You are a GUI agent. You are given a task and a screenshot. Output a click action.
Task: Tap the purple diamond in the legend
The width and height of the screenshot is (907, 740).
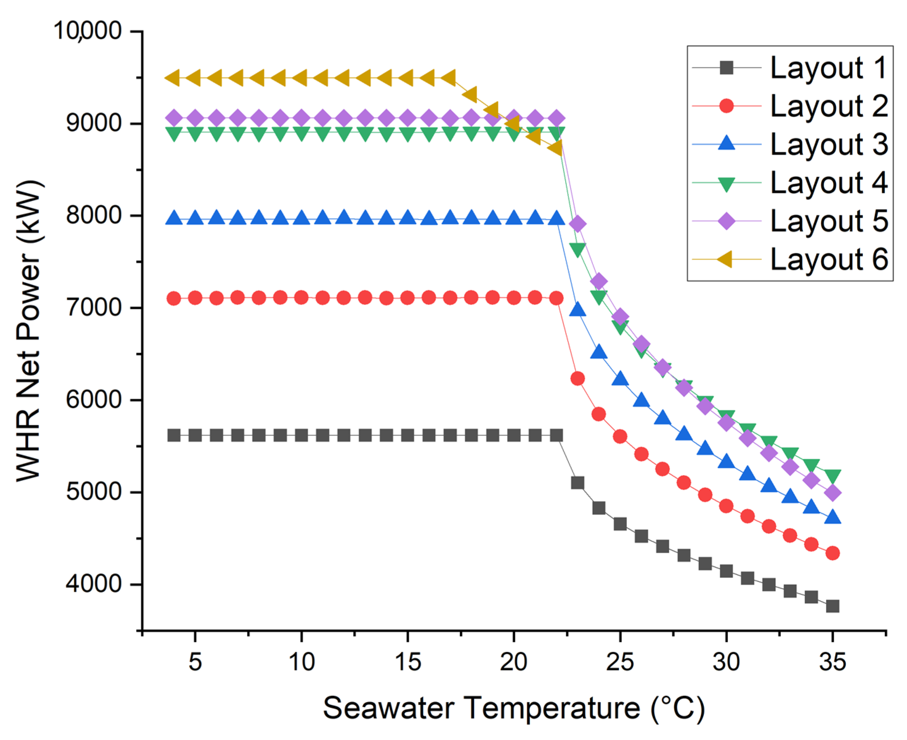pyautogui.click(x=727, y=221)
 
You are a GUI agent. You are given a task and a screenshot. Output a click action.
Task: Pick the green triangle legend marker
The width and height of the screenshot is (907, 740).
pyautogui.click(x=727, y=184)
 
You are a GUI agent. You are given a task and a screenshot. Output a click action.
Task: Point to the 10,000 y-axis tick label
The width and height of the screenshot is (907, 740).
pyautogui.click(x=87, y=31)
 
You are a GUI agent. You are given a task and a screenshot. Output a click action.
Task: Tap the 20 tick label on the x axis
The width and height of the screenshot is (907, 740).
pyautogui.click(x=514, y=662)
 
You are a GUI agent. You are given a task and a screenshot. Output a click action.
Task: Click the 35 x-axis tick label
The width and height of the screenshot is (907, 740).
pyautogui.click(x=832, y=662)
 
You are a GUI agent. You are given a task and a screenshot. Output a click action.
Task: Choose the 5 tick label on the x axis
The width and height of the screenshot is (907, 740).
pyautogui.click(x=195, y=662)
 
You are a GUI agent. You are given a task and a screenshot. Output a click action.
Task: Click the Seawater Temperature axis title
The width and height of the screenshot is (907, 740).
pyautogui.click(x=514, y=709)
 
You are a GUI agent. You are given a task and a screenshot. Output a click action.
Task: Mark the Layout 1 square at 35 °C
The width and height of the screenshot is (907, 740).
pyautogui.click(x=832, y=606)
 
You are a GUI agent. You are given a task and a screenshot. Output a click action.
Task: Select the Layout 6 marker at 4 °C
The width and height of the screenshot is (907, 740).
pyautogui.click(x=173, y=78)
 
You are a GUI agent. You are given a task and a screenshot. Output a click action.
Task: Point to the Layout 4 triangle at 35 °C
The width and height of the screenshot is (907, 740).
pyautogui.click(x=832, y=476)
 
